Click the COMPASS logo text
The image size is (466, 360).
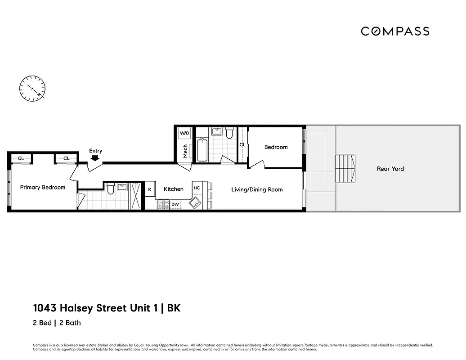coord(395,31)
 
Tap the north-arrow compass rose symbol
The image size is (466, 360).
coord(32,88)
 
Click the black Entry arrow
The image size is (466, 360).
coord(95,158)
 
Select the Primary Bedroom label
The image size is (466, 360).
coord(43,187)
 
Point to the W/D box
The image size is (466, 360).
coord(185,134)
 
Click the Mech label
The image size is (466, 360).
coord(185,151)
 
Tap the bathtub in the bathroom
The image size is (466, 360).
coord(202,150)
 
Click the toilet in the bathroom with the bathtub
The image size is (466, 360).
coord(229,133)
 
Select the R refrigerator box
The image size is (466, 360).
coord(149,189)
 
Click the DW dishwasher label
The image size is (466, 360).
coord(175,204)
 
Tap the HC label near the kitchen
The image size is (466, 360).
coord(197,188)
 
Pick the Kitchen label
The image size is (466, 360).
coord(173,189)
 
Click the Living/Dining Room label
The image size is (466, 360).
coord(257,189)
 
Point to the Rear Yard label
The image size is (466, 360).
coord(390,169)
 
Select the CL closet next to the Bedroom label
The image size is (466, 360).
coord(242,145)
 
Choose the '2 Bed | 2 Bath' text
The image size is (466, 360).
coord(57,323)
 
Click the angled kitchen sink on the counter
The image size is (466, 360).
coord(195,203)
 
